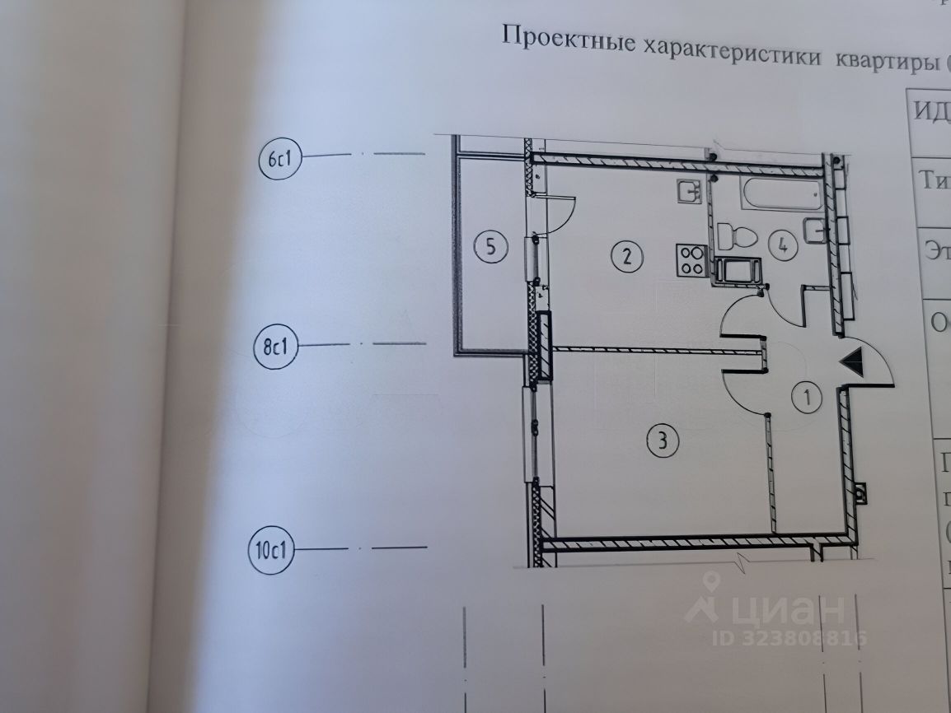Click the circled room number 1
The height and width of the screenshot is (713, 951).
[x=807, y=398]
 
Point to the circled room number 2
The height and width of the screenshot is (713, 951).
[x=626, y=256]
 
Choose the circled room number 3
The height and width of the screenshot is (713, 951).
[x=662, y=441]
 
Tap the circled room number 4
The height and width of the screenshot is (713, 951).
[x=782, y=244]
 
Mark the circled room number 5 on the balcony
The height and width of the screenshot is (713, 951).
[x=491, y=247]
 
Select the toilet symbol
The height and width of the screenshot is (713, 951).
[x=735, y=236]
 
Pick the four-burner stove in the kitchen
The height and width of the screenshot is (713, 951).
[x=690, y=261]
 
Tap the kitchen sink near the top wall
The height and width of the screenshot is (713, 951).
[x=689, y=191]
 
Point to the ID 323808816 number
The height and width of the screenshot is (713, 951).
[x=789, y=638]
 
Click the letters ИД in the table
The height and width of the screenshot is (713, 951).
[x=931, y=111]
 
